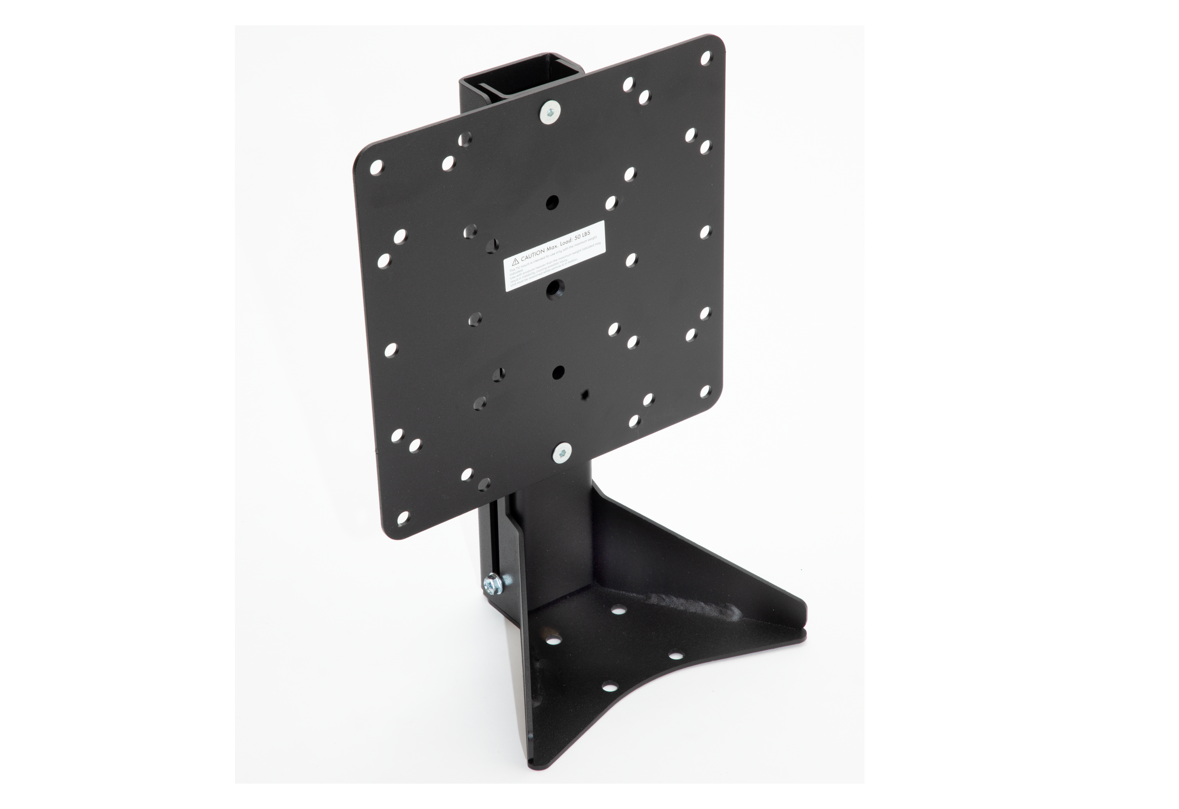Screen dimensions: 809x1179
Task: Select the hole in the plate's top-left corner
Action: pos(377,167)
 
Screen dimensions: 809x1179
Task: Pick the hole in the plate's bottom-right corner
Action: pos(704,391)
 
